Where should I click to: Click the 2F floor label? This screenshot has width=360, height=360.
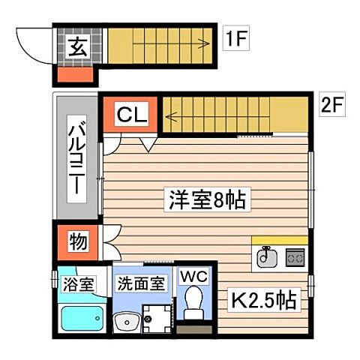point(331,104)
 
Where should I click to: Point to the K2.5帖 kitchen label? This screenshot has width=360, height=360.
point(262,301)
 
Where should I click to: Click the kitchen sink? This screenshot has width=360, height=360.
point(266,257)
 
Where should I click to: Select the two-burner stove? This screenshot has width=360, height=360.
point(294,257)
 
